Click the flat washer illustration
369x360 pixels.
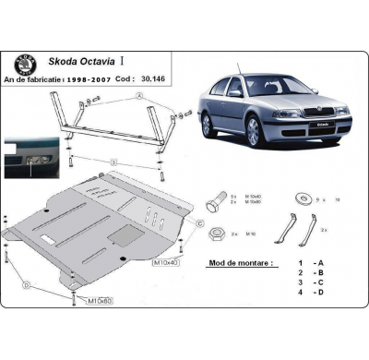point(297,198)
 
